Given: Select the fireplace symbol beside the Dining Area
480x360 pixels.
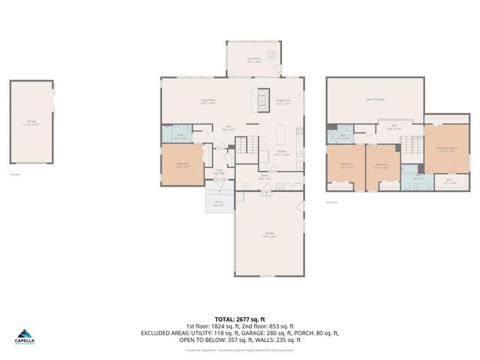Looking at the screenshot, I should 263,99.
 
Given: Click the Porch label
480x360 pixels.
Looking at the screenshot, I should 217,203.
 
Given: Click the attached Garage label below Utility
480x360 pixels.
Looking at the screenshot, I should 270,235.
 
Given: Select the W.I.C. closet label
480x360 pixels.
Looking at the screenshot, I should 450,181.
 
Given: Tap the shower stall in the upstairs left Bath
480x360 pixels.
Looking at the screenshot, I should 331,136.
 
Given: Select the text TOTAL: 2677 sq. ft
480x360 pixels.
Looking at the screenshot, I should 240,318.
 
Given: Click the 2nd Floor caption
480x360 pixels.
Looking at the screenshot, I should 331,202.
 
